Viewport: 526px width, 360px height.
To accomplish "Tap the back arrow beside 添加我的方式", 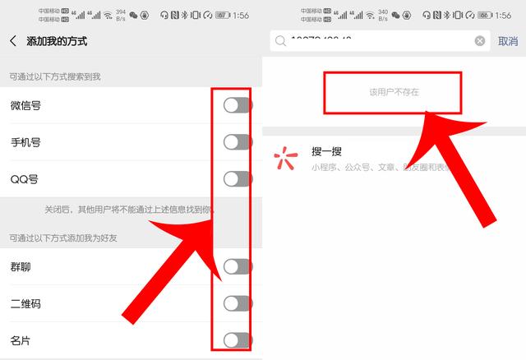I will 13,41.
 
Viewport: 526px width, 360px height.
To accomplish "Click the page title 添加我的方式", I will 57,41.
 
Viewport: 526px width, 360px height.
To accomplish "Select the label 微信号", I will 25,105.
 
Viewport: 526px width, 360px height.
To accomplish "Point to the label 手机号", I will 25,142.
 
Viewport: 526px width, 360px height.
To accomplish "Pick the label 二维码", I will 25,303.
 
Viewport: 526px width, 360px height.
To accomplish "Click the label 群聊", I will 21,266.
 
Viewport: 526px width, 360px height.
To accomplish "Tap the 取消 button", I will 508,41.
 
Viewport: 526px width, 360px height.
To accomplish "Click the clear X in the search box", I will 480,41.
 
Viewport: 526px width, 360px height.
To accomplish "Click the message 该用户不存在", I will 394,92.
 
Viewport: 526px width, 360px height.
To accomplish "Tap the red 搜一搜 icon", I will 285,159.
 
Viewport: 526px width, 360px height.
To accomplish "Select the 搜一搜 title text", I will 326,151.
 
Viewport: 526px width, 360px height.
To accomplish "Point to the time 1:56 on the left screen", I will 241,15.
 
